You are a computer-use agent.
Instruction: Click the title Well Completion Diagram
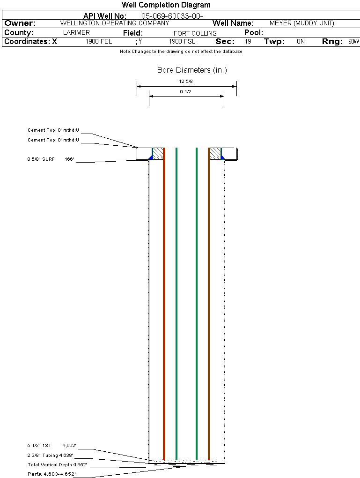coord(166,5)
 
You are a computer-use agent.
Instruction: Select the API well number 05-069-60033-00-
coord(172,16)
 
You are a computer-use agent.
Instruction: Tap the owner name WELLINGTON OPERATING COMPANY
coord(115,23)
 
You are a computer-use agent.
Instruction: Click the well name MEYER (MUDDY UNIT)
coord(302,23)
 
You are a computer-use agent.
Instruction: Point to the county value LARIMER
coord(76,33)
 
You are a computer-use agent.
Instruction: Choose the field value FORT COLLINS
coord(195,33)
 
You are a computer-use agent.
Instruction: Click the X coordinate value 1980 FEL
coord(99,41)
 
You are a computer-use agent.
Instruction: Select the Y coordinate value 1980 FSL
coord(182,41)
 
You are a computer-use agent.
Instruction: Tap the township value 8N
coord(301,41)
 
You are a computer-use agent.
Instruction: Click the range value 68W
coord(353,41)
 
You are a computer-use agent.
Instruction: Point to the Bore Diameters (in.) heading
coord(192,70)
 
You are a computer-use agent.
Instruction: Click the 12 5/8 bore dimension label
coord(186,82)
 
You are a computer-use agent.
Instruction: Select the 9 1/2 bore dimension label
coord(185,92)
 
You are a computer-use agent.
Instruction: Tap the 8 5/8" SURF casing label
coord(41,159)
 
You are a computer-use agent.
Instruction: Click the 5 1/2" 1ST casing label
coord(39,445)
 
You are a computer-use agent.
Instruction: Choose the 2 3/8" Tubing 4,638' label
coord(50,455)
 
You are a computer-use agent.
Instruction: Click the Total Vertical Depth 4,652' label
coord(57,464)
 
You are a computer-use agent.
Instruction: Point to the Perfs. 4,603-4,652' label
coord(52,474)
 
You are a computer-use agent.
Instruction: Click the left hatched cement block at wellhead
coord(158,153)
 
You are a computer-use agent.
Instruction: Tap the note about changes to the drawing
coord(181,52)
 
